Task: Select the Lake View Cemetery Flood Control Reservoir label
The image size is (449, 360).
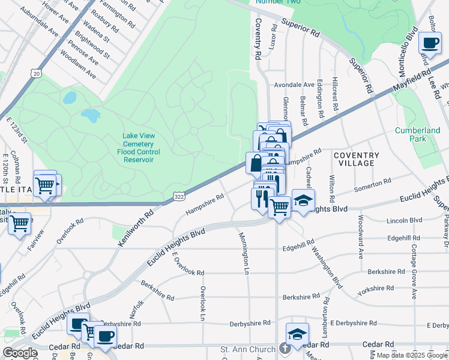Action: (139, 148)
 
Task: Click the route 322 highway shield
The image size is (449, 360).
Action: (179, 196)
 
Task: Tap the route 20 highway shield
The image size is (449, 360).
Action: (37, 73)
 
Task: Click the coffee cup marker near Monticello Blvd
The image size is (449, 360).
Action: (430, 43)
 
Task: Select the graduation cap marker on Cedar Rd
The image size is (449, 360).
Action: (297, 334)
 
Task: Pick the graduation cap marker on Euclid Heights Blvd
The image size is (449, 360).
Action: (303, 201)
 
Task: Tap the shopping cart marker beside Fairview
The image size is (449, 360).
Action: (20, 224)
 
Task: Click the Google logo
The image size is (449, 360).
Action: (20, 353)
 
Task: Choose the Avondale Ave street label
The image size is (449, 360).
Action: (294, 85)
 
